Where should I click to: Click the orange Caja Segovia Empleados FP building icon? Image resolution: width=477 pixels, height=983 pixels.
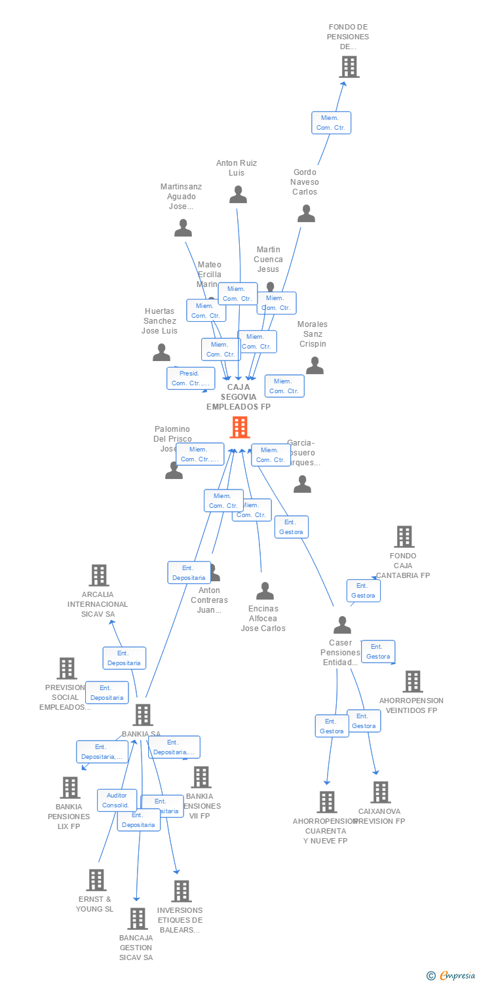(240, 427)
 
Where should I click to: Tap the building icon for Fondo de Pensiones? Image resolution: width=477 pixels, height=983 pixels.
(349, 67)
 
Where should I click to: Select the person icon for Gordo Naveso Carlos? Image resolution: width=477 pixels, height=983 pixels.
(306, 214)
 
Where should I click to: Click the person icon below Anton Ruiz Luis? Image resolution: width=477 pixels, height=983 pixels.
(238, 195)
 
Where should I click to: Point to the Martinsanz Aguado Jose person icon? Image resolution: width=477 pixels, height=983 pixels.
(183, 228)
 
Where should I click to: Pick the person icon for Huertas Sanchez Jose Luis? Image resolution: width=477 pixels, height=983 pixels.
(161, 353)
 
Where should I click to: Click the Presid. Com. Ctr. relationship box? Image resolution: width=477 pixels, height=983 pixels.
(190, 378)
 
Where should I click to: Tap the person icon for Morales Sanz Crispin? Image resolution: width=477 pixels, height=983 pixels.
(315, 366)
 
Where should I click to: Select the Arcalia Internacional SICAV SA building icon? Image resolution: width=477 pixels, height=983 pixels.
(98, 575)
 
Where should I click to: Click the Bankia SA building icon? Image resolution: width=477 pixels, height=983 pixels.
(143, 715)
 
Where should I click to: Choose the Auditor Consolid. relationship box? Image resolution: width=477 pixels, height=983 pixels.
(117, 800)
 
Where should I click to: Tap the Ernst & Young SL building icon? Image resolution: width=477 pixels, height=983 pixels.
(96, 880)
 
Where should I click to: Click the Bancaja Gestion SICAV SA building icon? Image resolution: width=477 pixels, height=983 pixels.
(137, 919)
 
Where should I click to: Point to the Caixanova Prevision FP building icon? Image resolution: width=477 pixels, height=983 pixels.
(381, 792)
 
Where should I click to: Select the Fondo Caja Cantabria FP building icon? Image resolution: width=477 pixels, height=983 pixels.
(404, 537)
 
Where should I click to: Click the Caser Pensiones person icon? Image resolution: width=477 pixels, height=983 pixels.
(342, 625)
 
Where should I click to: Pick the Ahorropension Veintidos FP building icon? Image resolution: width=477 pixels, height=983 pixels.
(412, 682)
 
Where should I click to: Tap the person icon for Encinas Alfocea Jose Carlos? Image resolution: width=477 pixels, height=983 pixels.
(265, 591)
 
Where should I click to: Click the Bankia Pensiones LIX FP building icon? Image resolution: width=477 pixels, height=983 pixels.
(69, 788)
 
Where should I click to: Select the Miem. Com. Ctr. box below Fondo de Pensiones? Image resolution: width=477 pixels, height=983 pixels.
(331, 123)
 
